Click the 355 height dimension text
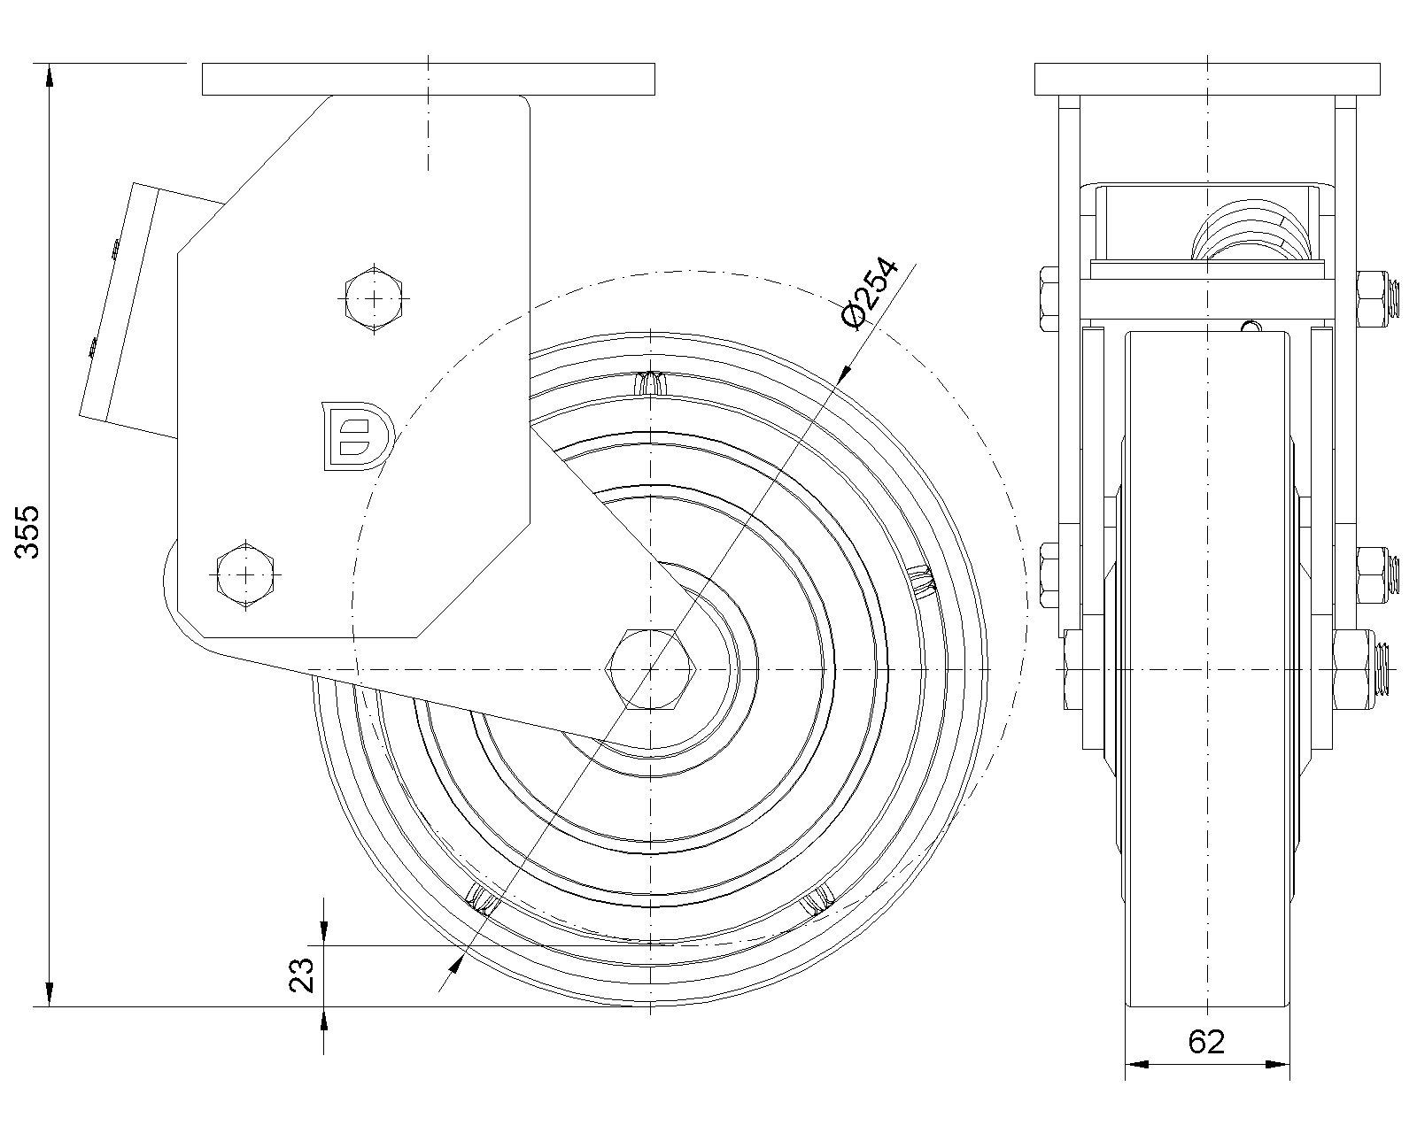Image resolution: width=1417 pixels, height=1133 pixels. click(x=30, y=531)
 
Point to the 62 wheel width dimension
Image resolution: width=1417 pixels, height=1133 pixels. click(x=1206, y=1042)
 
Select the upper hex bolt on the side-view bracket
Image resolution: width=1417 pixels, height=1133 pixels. click(x=376, y=298)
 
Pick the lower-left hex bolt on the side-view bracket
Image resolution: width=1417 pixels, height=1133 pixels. click(x=245, y=574)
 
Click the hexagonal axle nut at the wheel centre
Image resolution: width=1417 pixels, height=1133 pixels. click(x=651, y=669)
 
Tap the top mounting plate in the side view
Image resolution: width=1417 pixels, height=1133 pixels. click(x=429, y=79)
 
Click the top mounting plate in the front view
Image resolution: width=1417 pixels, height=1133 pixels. click(x=1207, y=79)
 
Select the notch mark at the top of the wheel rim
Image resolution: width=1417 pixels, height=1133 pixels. click(x=653, y=383)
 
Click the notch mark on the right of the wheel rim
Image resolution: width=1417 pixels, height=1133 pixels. click(x=922, y=581)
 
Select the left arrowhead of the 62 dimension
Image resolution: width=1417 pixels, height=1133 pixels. click(x=1135, y=1063)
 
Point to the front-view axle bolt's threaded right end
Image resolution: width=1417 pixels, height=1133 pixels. click(x=1384, y=669)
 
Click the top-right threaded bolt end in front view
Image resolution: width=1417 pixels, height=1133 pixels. click(x=1396, y=297)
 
